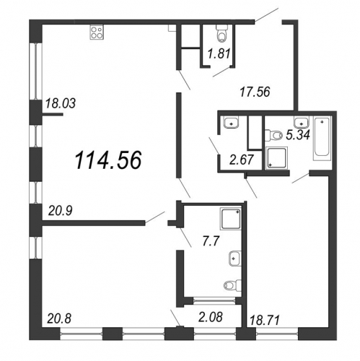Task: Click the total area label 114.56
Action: pos(108,160)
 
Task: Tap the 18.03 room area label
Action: pos(61,103)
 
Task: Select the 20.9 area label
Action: pos(61,211)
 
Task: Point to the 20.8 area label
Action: pos(59,319)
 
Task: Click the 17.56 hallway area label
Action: pos(255,92)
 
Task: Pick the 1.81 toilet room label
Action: pos(219,53)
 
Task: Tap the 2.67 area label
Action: pos(242,160)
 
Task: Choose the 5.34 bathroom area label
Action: pos(298,134)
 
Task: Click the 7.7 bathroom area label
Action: pos(211,241)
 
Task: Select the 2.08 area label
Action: pos(210,317)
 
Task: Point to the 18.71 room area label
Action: pos(265,321)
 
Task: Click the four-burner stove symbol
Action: pos(97,32)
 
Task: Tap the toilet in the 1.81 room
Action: pos(221,32)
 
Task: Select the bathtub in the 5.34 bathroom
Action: pos(322,138)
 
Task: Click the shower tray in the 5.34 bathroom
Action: pos(277,158)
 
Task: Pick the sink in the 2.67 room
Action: pos(232,122)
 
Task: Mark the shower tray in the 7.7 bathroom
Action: pos(231,219)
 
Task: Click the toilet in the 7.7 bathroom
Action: pos(232,285)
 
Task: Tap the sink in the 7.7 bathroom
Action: pos(235,258)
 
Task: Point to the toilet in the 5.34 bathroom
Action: pos(273,135)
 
